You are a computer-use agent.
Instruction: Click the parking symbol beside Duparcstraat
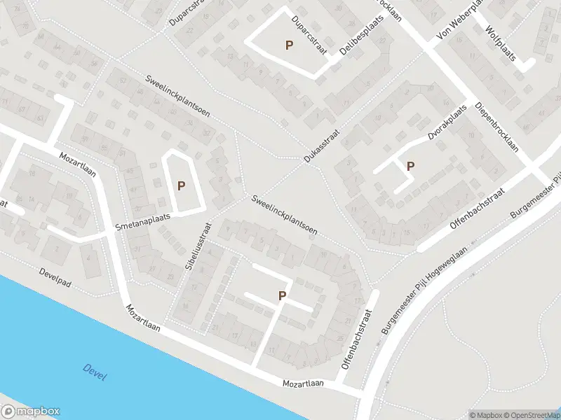point(288,45)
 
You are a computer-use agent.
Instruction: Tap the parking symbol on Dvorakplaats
point(410,166)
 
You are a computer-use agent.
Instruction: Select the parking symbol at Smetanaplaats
point(181,185)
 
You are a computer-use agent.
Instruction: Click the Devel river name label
point(94,372)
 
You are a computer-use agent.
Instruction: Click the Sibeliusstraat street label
point(198,249)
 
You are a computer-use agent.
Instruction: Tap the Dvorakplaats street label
point(447,125)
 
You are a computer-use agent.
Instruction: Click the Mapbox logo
point(30,411)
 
